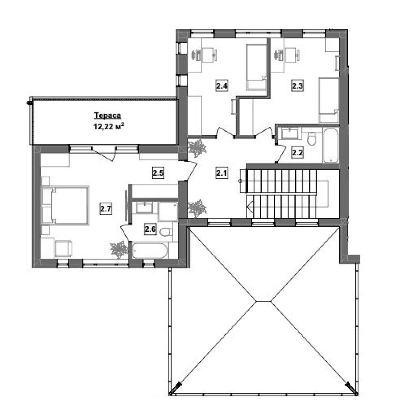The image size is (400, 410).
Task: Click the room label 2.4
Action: coord(222,86)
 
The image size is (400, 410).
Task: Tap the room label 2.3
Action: coord(298,86)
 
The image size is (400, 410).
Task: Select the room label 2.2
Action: coord(298,152)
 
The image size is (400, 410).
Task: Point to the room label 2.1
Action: coord(222,173)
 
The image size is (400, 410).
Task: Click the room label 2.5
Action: coord(158,173)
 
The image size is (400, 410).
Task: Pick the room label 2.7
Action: coord(106,209)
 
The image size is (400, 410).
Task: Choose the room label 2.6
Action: coord(150,229)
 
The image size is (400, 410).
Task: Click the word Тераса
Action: coord(107,115)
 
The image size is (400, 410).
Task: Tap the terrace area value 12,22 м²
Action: coord(108,127)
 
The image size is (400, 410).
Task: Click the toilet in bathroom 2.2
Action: coord(312,138)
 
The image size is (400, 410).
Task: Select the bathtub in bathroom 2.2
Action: coord(331,145)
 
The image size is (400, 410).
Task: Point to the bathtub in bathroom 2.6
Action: coord(150,251)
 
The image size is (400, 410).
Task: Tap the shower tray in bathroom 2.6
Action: coord(168,211)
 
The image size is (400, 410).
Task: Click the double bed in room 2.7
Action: coord(65,205)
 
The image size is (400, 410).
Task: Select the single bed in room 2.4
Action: coord(256,67)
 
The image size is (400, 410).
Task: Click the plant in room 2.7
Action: coord(119,249)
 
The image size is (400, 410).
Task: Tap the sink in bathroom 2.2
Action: coord(290,134)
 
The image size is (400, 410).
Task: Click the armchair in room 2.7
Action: coord(64,249)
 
